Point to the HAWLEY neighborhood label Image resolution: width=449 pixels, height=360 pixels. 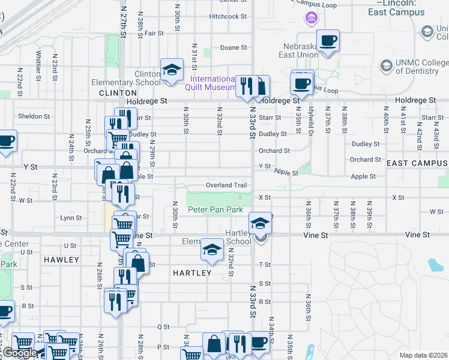61,260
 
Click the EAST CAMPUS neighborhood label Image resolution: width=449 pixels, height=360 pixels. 417,163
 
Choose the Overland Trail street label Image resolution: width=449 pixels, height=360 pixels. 226,185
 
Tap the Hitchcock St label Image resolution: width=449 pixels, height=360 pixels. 228,17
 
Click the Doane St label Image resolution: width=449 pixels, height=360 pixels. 234,47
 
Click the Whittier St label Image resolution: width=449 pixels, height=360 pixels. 38,65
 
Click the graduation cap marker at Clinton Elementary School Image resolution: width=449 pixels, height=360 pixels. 172,70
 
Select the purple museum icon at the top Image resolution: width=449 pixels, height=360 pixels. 311,19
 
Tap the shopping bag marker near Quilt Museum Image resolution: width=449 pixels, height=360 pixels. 260,86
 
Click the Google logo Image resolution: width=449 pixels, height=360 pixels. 20,353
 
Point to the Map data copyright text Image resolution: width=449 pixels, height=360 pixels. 423,355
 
